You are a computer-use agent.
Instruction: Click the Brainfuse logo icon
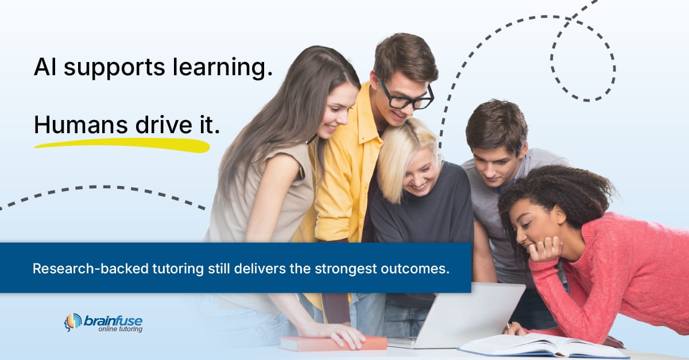pyautogui.click(x=72, y=323)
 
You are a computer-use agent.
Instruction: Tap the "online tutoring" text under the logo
pyautogui.click(x=120, y=329)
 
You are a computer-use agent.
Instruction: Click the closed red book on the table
pyautogui.click(x=333, y=343)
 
